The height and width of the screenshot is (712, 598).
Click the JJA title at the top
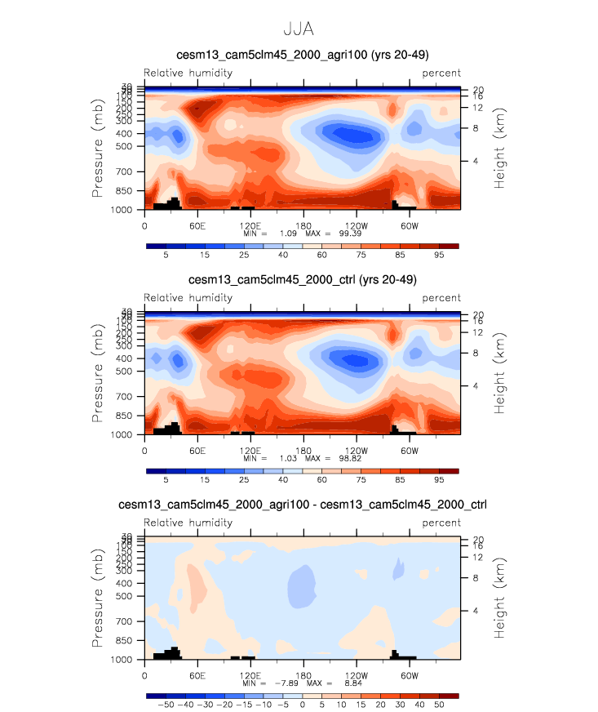(x=299, y=29)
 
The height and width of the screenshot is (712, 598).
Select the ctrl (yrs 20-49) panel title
(x=303, y=280)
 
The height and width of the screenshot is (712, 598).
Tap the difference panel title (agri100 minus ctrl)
(x=303, y=505)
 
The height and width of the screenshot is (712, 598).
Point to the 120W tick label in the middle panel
(x=356, y=450)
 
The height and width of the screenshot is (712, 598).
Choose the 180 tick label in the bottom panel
(x=303, y=675)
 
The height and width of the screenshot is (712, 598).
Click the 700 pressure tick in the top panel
(x=130, y=172)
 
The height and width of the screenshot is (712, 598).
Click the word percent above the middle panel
(x=441, y=298)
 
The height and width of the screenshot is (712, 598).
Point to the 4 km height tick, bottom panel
(x=476, y=611)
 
